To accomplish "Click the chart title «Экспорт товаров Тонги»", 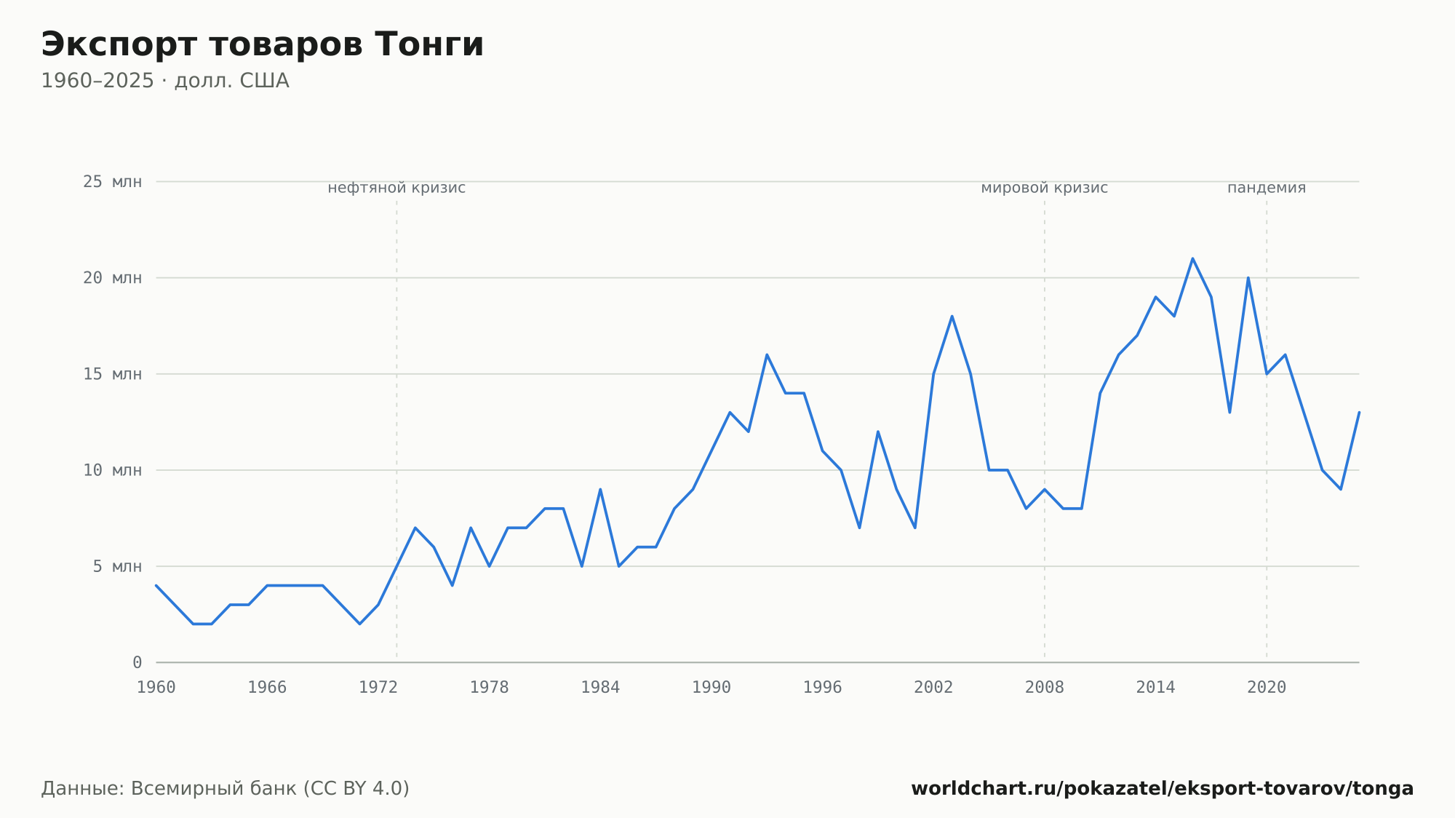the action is point(262,44).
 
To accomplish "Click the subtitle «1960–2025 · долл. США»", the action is point(165,81).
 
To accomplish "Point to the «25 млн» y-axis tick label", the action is point(112,182).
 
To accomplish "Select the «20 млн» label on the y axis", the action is point(112,278).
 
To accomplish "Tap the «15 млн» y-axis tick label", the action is point(112,374).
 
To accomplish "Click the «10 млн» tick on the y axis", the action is point(112,470).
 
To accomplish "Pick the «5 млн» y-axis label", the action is point(117,566).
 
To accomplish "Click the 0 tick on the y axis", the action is point(137,662).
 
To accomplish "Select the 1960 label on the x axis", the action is point(156,688).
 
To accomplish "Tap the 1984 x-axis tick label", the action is point(600,688).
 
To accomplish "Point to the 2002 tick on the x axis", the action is point(933,688).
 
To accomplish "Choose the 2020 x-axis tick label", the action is point(1267,688).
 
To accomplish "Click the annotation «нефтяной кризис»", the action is point(396,188).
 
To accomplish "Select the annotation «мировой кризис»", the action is point(1045,188).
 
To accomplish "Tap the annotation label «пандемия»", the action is point(1267,188).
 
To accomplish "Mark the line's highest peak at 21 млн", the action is point(1192,258).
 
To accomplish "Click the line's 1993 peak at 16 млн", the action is point(767,354).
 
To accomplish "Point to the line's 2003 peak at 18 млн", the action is point(952,316).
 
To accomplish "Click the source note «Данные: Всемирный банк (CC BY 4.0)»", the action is point(225,789).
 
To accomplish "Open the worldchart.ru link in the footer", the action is point(1162,789).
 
